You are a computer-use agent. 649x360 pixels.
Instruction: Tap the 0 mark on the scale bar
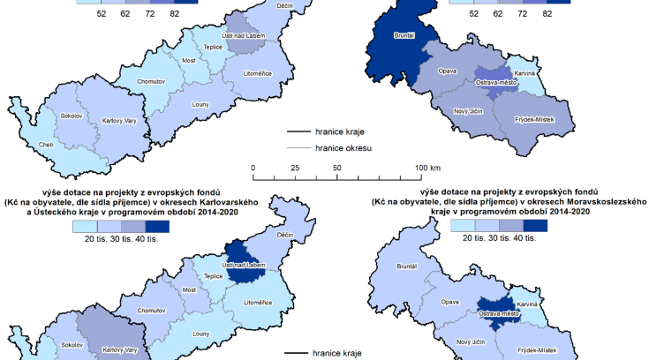click(x=253, y=167)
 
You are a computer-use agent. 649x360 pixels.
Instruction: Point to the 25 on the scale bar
click(x=295, y=167)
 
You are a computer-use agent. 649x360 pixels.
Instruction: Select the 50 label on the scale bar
click(x=336, y=167)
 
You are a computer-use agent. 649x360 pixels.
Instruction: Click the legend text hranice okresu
click(x=341, y=148)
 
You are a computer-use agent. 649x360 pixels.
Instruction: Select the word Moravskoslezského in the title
click(x=602, y=202)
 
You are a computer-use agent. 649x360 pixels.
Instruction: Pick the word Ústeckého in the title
click(x=85, y=212)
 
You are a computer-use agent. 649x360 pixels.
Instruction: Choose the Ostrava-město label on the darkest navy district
click(x=495, y=313)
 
